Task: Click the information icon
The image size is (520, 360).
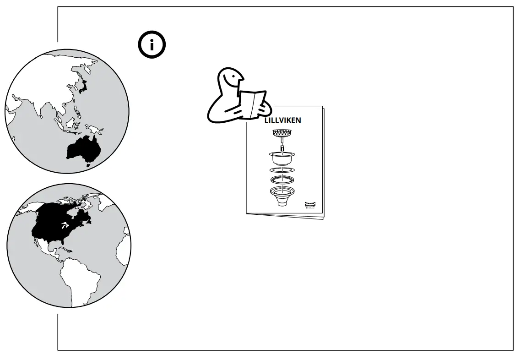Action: [152, 45]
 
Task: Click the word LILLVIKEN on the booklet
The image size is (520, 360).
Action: [282, 120]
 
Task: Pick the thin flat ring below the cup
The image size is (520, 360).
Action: [282, 170]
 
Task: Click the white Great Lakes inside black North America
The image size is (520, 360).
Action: [64, 226]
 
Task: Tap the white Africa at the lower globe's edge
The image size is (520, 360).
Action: [123, 250]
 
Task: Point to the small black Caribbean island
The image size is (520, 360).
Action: [65, 250]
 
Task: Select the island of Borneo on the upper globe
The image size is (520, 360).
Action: [70, 123]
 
